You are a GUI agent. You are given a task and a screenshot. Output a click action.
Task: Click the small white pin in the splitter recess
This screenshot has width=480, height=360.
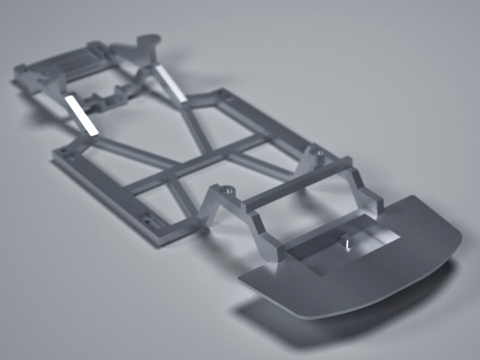[x=348, y=245]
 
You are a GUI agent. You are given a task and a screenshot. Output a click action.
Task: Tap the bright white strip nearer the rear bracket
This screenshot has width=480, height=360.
[x=81, y=115]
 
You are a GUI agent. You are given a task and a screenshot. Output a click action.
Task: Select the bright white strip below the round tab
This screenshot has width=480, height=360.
[x=171, y=83]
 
